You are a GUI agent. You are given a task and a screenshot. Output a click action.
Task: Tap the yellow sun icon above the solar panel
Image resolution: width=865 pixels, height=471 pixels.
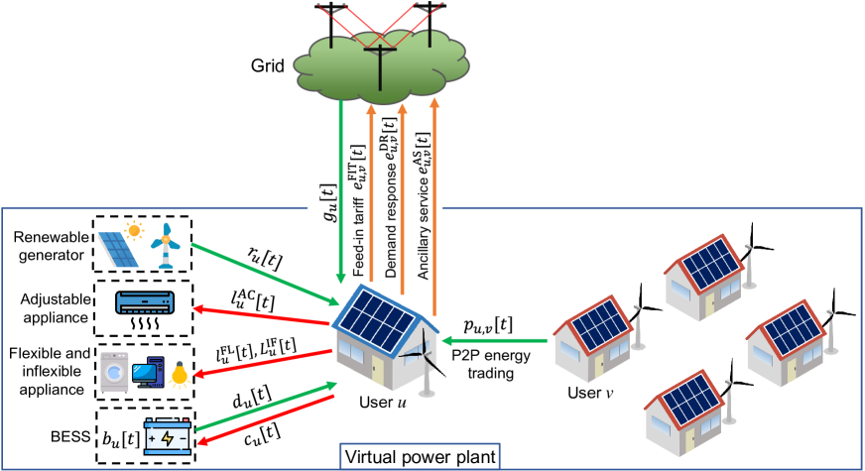(x=134, y=230)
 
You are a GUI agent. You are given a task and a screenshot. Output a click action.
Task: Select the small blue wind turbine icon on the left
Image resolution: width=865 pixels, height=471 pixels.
(x=166, y=245)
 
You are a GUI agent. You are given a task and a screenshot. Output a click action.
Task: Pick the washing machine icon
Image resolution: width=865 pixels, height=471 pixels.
(x=114, y=372)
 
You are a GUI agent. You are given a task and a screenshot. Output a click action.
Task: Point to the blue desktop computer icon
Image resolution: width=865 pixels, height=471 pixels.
(x=147, y=373)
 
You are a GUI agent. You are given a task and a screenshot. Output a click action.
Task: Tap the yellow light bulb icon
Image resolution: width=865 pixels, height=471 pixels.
(x=180, y=375)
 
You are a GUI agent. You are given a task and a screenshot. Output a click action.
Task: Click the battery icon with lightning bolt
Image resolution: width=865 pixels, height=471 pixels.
(x=167, y=436)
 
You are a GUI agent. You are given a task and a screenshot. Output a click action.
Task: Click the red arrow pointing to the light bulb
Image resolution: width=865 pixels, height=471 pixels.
(x=263, y=363)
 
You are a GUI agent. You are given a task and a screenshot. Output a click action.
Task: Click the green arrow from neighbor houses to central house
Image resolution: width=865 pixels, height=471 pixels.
(x=493, y=340)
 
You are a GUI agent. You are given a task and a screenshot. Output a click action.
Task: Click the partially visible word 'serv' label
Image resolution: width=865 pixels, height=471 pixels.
(x=427, y=208)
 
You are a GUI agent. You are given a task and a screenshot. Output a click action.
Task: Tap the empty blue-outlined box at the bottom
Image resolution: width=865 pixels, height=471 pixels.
(x=420, y=457)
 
